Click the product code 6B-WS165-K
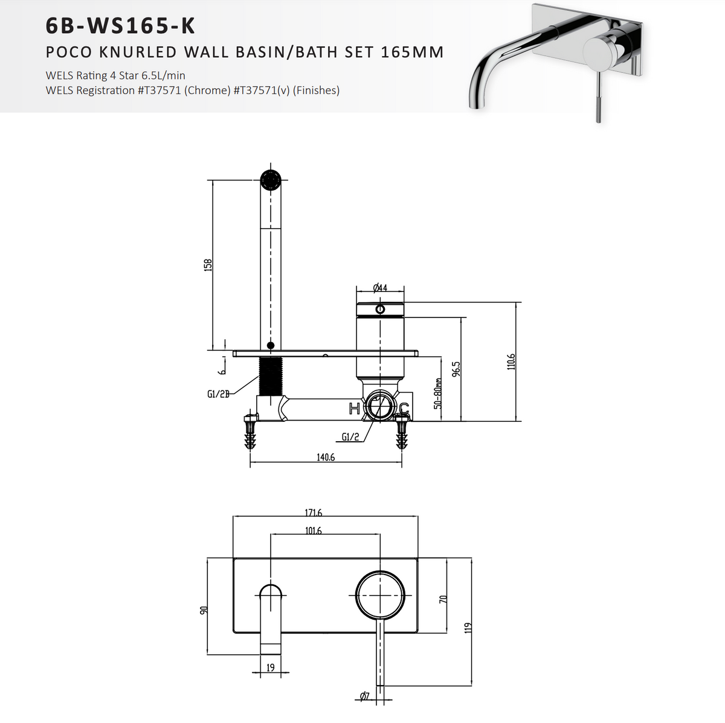(x=120, y=27)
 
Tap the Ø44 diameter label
(x=380, y=288)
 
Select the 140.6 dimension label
(x=326, y=457)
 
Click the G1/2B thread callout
(x=218, y=394)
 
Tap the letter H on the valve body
(x=355, y=409)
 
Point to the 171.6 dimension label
(x=313, y=513)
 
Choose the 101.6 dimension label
(x=313, y=531)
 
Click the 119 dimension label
(x=467, y=628)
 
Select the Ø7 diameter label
(x=364, y=696)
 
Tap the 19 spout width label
(x=271, y=667)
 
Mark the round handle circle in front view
(x=379, y=594)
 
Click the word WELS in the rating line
(x=60, y=75)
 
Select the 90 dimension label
(x=204, y=611)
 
